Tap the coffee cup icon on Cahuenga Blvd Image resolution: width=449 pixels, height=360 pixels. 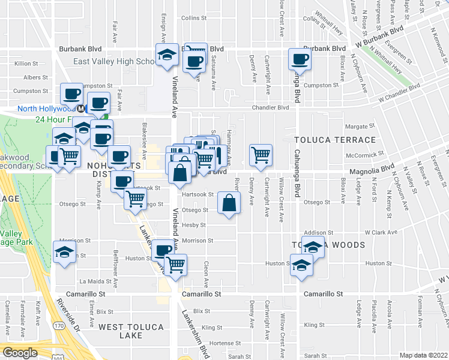pos(300,59)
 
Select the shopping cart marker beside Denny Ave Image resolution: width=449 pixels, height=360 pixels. pos(261,155)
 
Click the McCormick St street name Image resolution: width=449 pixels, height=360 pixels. pos(361,154)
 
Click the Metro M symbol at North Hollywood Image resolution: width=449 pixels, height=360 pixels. pos(80,109)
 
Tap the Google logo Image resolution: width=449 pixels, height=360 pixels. pos(20,353)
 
